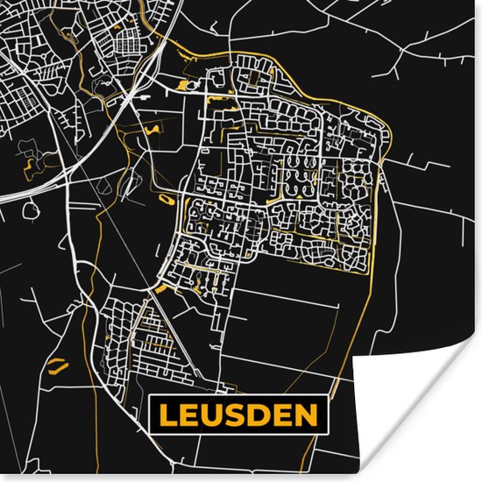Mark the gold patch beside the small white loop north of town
click(x=181, y=85)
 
